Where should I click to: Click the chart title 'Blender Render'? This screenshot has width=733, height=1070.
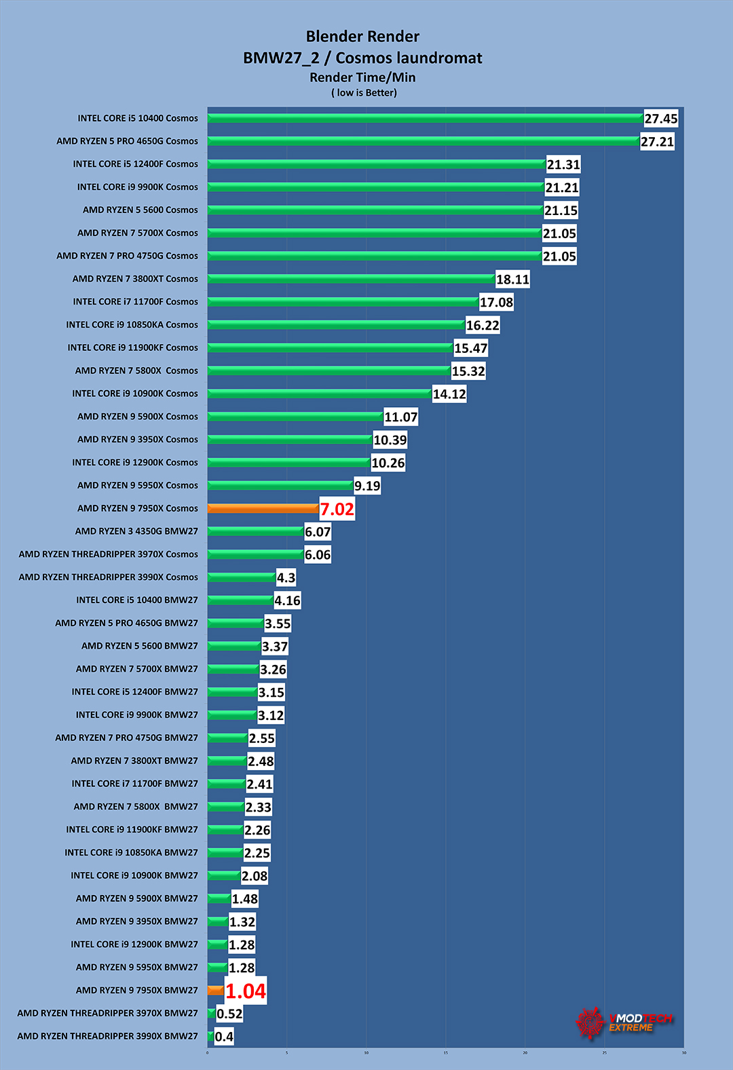coord(362,37)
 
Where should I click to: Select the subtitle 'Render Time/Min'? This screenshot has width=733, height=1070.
coord(362,77)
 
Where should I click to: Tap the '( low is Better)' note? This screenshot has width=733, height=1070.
coord(364,93)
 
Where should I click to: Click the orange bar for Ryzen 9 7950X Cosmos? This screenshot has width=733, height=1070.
coord(263,508)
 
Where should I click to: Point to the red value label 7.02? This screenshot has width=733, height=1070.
coord(337,509)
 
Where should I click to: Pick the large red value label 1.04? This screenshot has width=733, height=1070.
coord(245,991)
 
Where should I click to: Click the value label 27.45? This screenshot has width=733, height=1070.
coord(660,119)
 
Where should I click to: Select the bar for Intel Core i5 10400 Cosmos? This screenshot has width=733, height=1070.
coord(425,118)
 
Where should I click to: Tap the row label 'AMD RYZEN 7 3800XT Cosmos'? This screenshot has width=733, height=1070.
coord(135,279)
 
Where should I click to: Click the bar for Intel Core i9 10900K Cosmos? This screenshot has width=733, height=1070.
coord(319,394)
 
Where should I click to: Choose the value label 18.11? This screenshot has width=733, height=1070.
coord(512,280)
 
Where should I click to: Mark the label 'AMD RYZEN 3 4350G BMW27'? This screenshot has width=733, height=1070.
coord(136,531)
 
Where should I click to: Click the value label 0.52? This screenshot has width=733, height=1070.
coord(229,1014)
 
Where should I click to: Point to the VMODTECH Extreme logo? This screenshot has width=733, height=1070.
coord(624,1022)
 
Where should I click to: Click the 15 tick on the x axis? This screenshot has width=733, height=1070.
coord(445,1053)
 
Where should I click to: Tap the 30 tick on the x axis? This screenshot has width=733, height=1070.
coord(683,1053)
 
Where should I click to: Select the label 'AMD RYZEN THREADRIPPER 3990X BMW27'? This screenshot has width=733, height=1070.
coord(107,1036)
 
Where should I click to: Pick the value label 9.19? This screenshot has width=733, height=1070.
coord(366,486)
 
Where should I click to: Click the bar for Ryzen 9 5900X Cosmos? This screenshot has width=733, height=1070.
coord(295,417)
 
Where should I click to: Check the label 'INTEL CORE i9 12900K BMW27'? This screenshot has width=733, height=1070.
coord(134,944)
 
